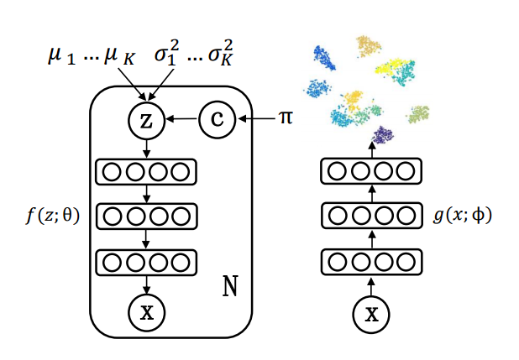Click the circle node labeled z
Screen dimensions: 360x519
tap(146, 122)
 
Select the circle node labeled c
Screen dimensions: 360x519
tap(217, 122)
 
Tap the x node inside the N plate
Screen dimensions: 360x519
tap(146, 313)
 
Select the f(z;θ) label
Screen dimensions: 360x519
tap(52, 216)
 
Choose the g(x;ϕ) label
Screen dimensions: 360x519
tap(464, 216)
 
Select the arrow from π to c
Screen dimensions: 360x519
tap(256, 122)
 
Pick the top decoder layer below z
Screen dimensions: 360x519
tap(146, 173)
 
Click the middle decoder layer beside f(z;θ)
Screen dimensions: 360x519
tap(146, 216)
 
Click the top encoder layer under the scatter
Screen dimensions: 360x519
tap(370, 173)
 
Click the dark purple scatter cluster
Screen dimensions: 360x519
tap(384, 134)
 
